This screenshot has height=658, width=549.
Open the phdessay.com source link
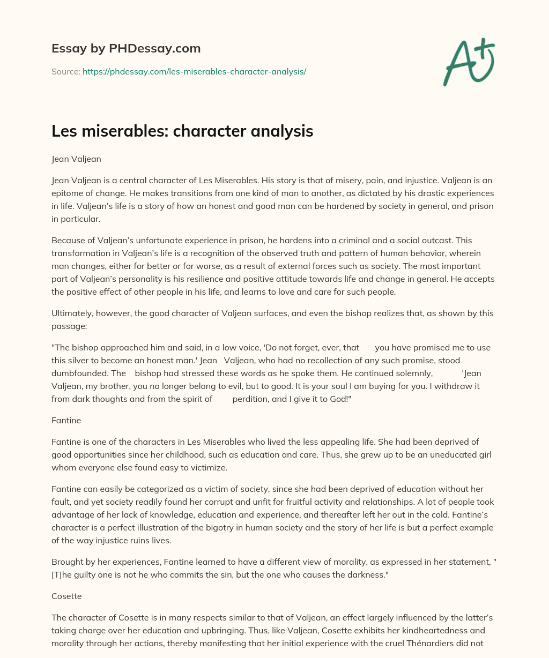click(194, 71)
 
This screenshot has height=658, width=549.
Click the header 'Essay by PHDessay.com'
click(126, 48)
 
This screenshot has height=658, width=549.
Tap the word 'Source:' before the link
click(65, 71)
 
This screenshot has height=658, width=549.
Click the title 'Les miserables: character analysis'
click(182, 131)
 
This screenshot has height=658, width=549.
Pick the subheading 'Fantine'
click(66, 421)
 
